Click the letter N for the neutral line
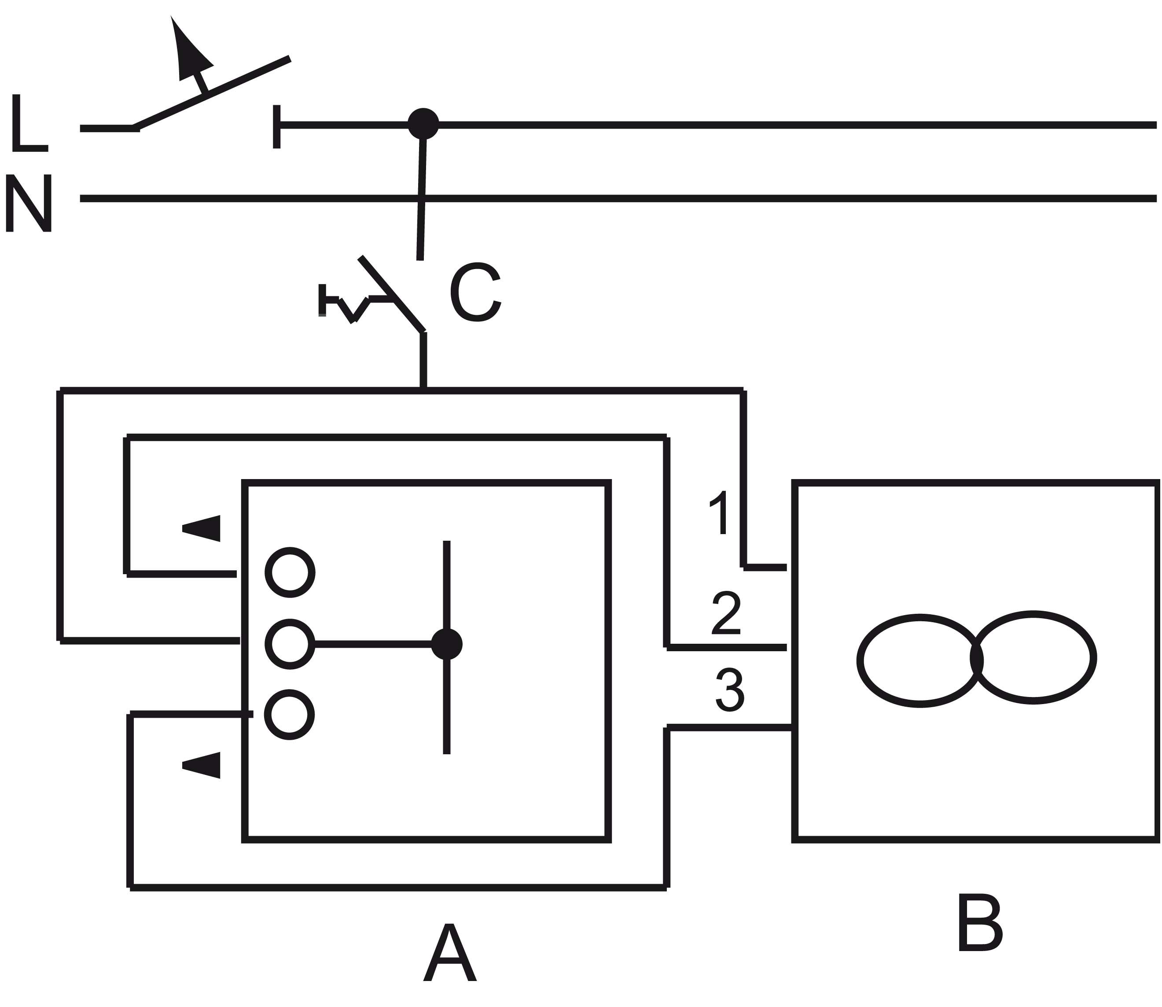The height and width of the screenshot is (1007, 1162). (28, 203)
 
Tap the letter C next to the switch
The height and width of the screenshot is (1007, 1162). (474, 292)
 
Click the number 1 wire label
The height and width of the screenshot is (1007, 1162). (720, 513)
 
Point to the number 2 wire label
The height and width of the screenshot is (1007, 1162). (726, 613)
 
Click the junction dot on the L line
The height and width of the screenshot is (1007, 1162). (423, 124)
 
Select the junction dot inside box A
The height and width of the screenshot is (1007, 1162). (446, 644)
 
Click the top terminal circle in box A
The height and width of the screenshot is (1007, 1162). (290, 572)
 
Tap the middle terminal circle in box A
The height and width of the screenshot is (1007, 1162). (290, 644)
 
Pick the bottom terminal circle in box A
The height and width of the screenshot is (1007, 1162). (290, 715)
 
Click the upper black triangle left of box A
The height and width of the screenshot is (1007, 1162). (203, 528)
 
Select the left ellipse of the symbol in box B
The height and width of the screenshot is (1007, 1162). (919, 661)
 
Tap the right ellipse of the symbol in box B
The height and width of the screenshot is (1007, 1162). (1034, 657)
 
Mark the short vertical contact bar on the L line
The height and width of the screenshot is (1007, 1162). (276, 126)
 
